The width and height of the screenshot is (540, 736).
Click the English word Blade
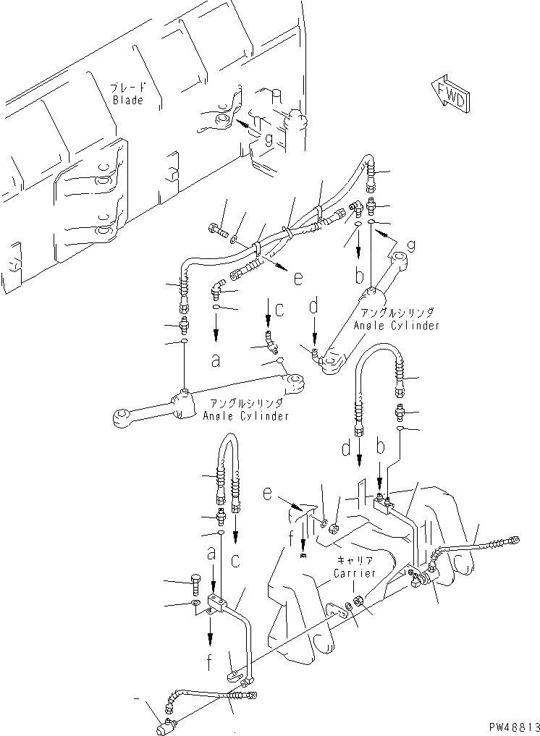(128, 101)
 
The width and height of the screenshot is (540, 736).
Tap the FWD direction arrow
(450, 93)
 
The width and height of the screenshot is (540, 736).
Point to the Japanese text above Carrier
(353, 561)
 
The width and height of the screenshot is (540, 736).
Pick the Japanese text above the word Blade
(127, 88)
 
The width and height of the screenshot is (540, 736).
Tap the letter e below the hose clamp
(298, 276)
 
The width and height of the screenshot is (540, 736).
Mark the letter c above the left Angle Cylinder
(279, 311)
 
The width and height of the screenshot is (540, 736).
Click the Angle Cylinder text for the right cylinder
(396, 319)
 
